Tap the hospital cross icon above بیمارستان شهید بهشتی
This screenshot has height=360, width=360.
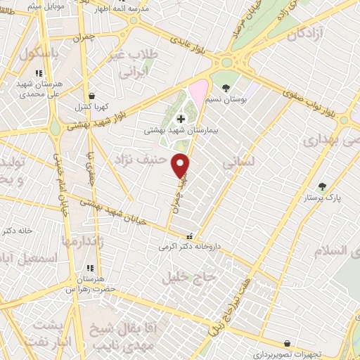click(x=181, y=119)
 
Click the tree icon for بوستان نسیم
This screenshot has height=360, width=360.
click(x=225, y=88)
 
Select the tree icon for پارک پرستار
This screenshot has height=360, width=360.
click(x=322, y=186)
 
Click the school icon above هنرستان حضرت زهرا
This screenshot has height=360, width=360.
click(x=89, y=268)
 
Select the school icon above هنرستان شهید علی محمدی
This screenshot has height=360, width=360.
click(x=39, y=72)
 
